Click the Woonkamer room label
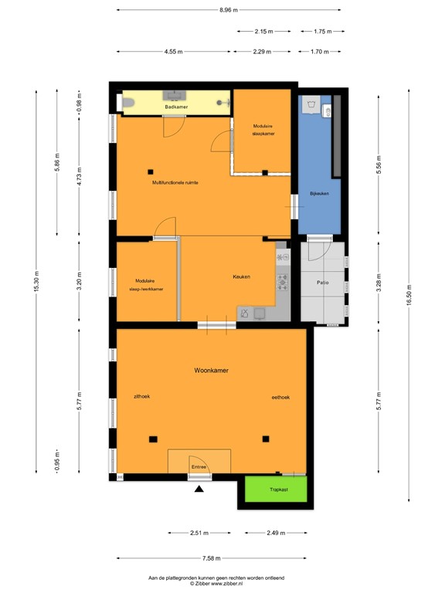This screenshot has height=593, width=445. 211,371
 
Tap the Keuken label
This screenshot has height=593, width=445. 242,276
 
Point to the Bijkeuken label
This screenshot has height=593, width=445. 319,193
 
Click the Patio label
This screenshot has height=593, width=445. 323,283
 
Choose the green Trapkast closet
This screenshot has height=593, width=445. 276,490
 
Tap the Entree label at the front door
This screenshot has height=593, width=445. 199,467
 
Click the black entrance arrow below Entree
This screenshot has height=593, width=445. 199,488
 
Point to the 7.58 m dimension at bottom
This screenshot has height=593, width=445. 211,558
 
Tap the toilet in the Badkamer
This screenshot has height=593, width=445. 130,102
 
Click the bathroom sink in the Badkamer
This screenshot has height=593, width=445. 175,97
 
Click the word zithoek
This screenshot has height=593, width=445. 141,396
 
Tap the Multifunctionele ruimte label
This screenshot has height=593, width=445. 175,182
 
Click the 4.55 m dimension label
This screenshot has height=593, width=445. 174,52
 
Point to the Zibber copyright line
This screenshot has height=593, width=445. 222,583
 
